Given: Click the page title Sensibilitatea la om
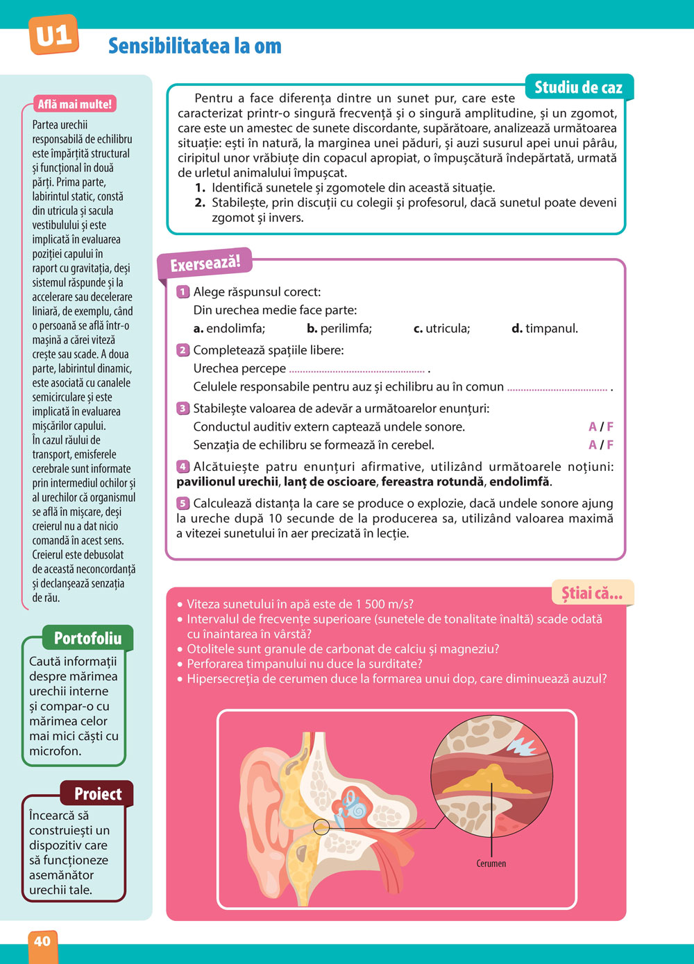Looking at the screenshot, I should [x=195, y=46].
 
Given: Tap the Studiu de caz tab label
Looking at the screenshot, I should [x=578, y=87].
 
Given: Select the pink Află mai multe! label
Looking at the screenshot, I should [x=74, y=104].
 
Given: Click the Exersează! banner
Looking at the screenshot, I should [x=205, y=264].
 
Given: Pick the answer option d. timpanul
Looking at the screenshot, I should [x=545, y=328].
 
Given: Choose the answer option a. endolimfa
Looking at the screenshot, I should [x=229, y=328].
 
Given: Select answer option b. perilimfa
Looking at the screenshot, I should [x=339, y=328].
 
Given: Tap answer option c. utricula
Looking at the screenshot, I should [x=441, y=328].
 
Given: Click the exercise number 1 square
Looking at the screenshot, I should [x=183, y=292].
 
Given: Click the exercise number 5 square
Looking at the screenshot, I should [x=183, y=503].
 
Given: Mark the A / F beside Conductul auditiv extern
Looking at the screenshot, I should [x=601, y=427].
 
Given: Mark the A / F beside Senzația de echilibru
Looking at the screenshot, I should [x=601, y=445].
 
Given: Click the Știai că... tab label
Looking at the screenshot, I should [x=592, y=593].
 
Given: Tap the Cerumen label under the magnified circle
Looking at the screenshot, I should [x=491, y=863].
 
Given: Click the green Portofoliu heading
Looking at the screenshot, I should [x=87, y=638].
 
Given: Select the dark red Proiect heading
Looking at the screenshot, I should [x=98, y=794].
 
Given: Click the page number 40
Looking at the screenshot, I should [x=42, y=941].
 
